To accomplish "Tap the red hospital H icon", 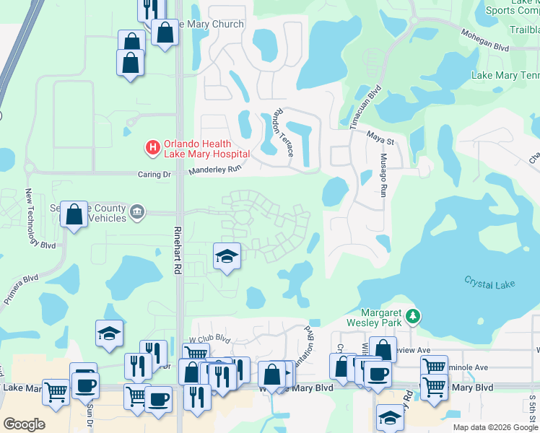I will (153, 149).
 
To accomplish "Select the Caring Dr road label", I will (154, 174).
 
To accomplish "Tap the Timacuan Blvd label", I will (365, 108).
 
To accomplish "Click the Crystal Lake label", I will (489, 284).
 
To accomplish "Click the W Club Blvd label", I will (209, 338).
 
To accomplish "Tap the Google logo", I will (24, 424).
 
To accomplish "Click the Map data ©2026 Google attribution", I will (495, 427).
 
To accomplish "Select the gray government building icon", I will (136, 211).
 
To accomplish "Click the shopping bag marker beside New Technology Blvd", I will (74, 215).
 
